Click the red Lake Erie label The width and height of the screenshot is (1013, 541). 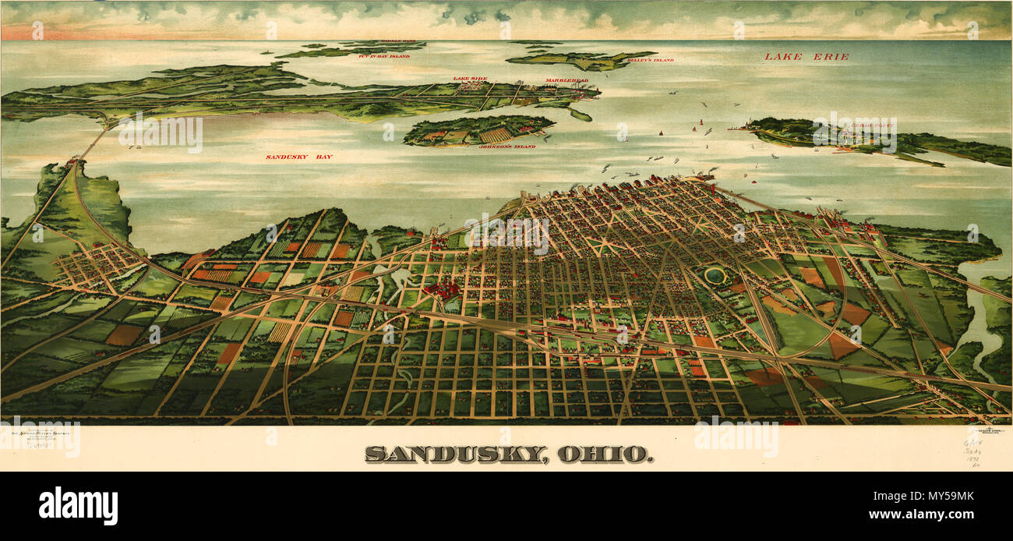point(806,57)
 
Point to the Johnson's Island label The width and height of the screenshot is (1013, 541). point(507,147)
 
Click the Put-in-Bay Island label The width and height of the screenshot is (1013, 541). point(383,56)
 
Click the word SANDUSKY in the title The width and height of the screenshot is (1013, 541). point(456,454)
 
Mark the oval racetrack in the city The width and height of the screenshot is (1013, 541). point(714,274)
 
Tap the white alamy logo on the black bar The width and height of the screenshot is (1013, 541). point(78,506)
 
